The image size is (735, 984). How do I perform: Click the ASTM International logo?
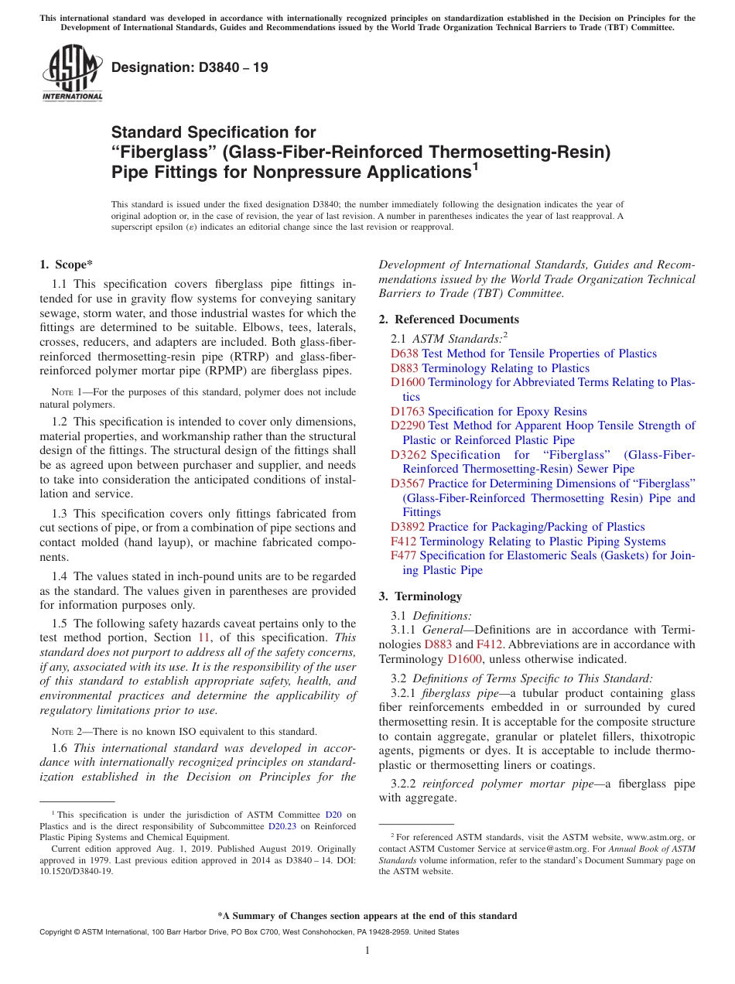[72, 73]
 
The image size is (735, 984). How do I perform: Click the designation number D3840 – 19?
[190, 68]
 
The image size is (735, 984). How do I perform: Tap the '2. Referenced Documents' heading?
[449, 319]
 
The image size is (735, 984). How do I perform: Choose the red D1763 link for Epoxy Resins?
[407, 412]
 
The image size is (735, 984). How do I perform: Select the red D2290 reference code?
[407, 425]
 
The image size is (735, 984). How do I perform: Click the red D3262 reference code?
[409, 455]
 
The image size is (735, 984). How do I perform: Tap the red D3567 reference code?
[408, 483]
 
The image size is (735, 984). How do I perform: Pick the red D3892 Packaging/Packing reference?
[408, 527]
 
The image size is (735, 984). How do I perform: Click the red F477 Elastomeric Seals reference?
[403, 555]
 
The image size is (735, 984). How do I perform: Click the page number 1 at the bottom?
[367, 951]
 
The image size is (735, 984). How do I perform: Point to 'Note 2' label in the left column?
[56, 732]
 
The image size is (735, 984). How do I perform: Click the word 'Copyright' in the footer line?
[57, 932]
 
